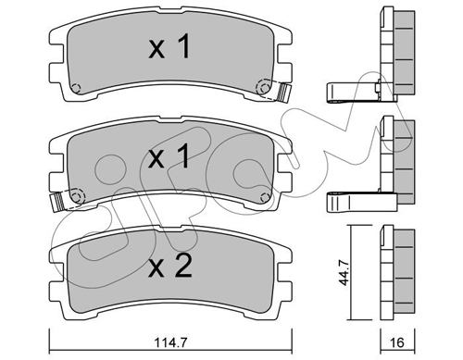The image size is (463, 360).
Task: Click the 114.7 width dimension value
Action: (x=170, y=342)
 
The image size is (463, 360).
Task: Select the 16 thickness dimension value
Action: (x=397, y=341)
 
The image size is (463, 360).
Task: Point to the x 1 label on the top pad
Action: (x=169, y=46)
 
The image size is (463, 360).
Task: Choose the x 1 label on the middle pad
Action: (x=169, y=156)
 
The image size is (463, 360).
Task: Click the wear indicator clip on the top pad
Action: (x=284, y=92)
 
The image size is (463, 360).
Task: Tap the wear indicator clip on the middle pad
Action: (x=57, y=202)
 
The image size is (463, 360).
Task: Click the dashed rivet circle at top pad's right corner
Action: (x=263, y=87)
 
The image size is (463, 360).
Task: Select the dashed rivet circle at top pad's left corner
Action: (x=76, y=89)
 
